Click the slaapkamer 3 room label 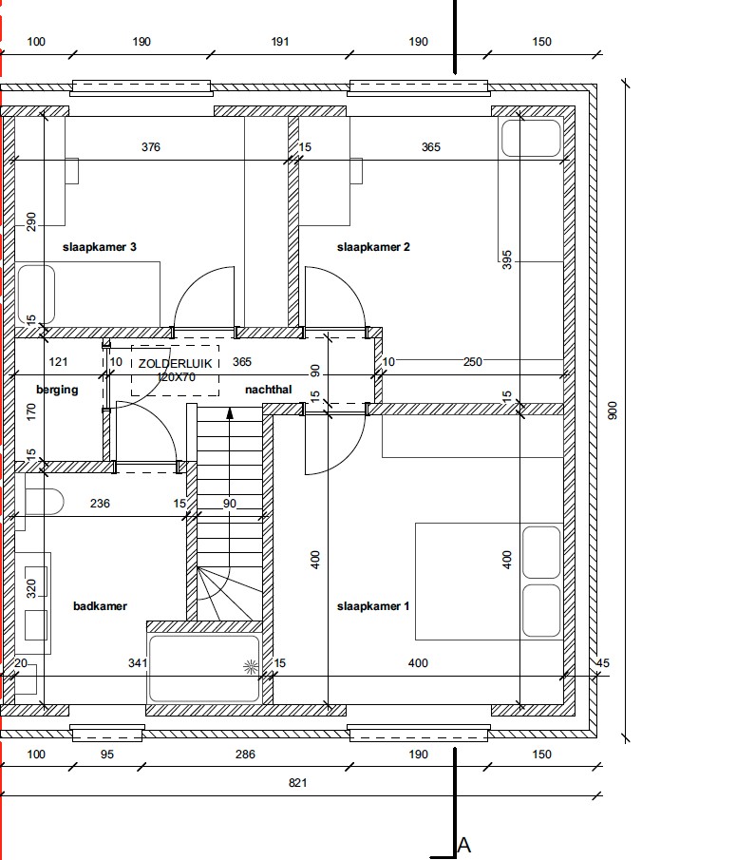[99, 247]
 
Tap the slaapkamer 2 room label [373, 247]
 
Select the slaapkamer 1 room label [373, 606]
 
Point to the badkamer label [100, 606]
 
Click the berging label [57, 390]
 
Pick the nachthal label [268, 390]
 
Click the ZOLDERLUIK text [175, 364]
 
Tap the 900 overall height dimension [613, 411]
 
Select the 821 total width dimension [297, 783]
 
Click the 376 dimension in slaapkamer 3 [151, 147]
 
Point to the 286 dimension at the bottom [245, 755]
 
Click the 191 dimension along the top [279, 42]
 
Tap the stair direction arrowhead [230, 413]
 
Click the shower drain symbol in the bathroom [251, 667]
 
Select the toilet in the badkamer [45, 502]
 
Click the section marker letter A [463, 845]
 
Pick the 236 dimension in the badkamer [100, 504]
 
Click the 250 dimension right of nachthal [473, 362]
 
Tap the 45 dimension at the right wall [602, 663]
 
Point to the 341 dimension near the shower [138, 663]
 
